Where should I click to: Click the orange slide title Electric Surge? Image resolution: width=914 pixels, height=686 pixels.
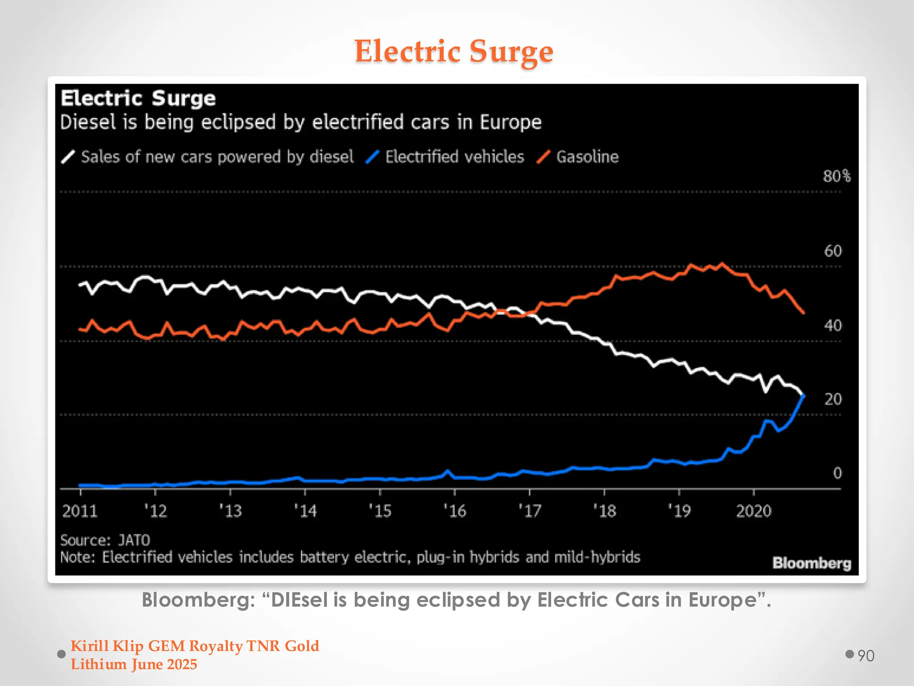453,51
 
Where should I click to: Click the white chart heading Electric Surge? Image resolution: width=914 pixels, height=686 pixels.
138,98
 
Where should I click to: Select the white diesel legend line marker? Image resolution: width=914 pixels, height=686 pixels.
67,157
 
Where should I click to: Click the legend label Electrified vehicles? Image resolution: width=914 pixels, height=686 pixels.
454,157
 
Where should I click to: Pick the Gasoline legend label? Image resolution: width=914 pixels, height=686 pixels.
587,157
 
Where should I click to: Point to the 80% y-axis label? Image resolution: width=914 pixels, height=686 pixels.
836,176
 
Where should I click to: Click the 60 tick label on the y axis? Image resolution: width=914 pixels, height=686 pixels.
833,251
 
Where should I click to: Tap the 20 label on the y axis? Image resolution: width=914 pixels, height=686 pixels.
833,399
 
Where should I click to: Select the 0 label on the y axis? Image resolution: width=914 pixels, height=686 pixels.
837,473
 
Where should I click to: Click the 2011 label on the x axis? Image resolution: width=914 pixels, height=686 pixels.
80,511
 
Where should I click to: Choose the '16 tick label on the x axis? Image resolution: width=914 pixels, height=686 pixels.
455,511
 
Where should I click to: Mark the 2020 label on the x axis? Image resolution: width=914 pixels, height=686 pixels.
753,511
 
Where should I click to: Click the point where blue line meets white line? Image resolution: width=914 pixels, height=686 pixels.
803,395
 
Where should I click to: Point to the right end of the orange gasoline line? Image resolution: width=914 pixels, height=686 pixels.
804,313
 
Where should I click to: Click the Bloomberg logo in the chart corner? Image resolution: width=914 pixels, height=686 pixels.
811,563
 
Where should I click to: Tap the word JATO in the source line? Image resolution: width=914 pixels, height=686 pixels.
134,540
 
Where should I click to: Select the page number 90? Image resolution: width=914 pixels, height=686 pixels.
866,656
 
